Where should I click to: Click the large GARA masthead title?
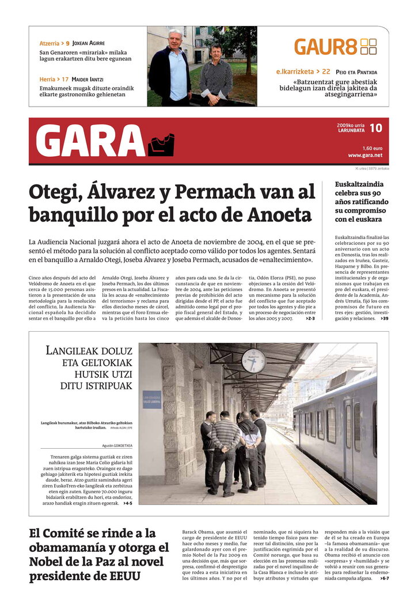click(x=90, y=141)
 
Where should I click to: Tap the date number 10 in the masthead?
click(x=375, y=128)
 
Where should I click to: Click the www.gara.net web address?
click(x=365, y=155)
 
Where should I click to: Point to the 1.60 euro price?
click(x=373, y=148)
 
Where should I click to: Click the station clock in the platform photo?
click(x=253, y=361)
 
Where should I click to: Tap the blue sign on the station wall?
click(x=152, y=399)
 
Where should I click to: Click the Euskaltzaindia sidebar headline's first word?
click(x=359, y=184)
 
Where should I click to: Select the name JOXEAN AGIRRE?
click(x=89, y=43)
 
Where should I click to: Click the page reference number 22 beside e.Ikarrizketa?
click(x=326, y=72)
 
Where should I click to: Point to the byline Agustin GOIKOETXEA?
click(x=117, y=445)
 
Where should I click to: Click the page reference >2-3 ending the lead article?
click(x=310, y=318)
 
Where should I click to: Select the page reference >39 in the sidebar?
click(x=384, y=318)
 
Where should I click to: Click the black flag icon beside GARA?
click(x=161, y=145)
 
